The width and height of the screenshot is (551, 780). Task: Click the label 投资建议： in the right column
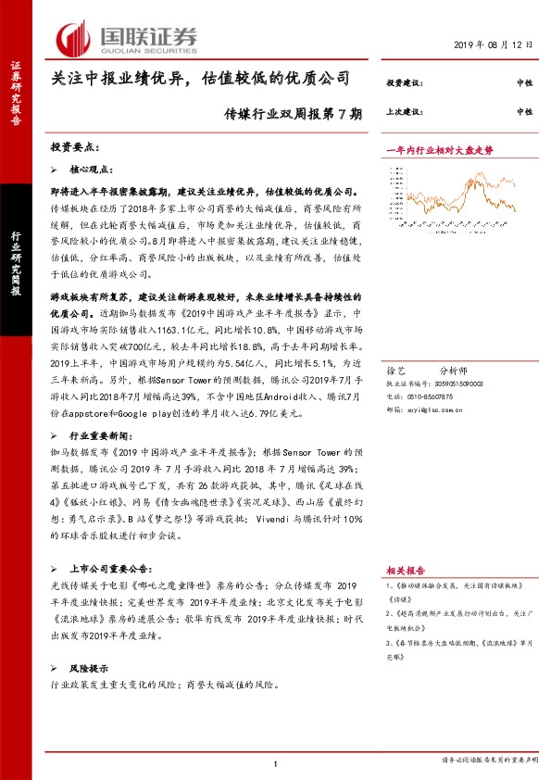point(404,83)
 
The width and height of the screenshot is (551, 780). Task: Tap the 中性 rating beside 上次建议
point(524,111)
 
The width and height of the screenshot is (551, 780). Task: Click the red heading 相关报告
point(405,572)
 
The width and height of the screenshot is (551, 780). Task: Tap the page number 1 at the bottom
point(275,763)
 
